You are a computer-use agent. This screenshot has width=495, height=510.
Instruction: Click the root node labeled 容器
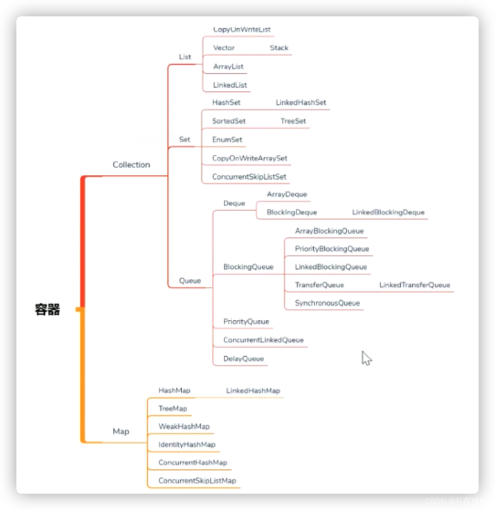click(47, 310)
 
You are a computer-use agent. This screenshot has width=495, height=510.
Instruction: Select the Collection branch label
click(131, 165)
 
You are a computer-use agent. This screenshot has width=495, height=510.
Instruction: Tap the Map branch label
click(121, 431)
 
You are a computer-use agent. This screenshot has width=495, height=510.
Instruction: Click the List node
click(185, 57)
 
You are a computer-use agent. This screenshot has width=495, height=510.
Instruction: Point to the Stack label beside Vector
click(279, 48)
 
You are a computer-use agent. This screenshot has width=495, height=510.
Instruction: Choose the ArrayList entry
click(228, 67)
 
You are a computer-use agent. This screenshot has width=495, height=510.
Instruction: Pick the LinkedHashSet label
click(301, 103)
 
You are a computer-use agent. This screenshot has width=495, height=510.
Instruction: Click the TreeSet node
click(293, 121)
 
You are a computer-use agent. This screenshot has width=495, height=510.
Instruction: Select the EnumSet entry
click(227, 140)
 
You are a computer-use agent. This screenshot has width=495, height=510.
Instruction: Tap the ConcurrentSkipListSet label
click(249, 177)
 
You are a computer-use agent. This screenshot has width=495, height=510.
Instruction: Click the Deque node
click(234, 203)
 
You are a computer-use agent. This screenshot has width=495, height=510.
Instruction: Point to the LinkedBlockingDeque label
click(388, 212)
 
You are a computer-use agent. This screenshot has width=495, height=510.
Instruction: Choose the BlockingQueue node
click(248, 267)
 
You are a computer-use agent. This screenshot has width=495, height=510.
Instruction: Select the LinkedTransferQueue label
click(415, 285)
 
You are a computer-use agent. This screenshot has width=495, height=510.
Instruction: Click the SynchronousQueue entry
click(327, 303)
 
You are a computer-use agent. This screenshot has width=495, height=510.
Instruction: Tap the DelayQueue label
click(243, 359)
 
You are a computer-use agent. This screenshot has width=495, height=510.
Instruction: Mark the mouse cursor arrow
click(366, 358)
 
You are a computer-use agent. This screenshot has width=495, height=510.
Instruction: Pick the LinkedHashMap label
click(253, 390)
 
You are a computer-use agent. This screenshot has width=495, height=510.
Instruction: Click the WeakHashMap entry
click(184, 427)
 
